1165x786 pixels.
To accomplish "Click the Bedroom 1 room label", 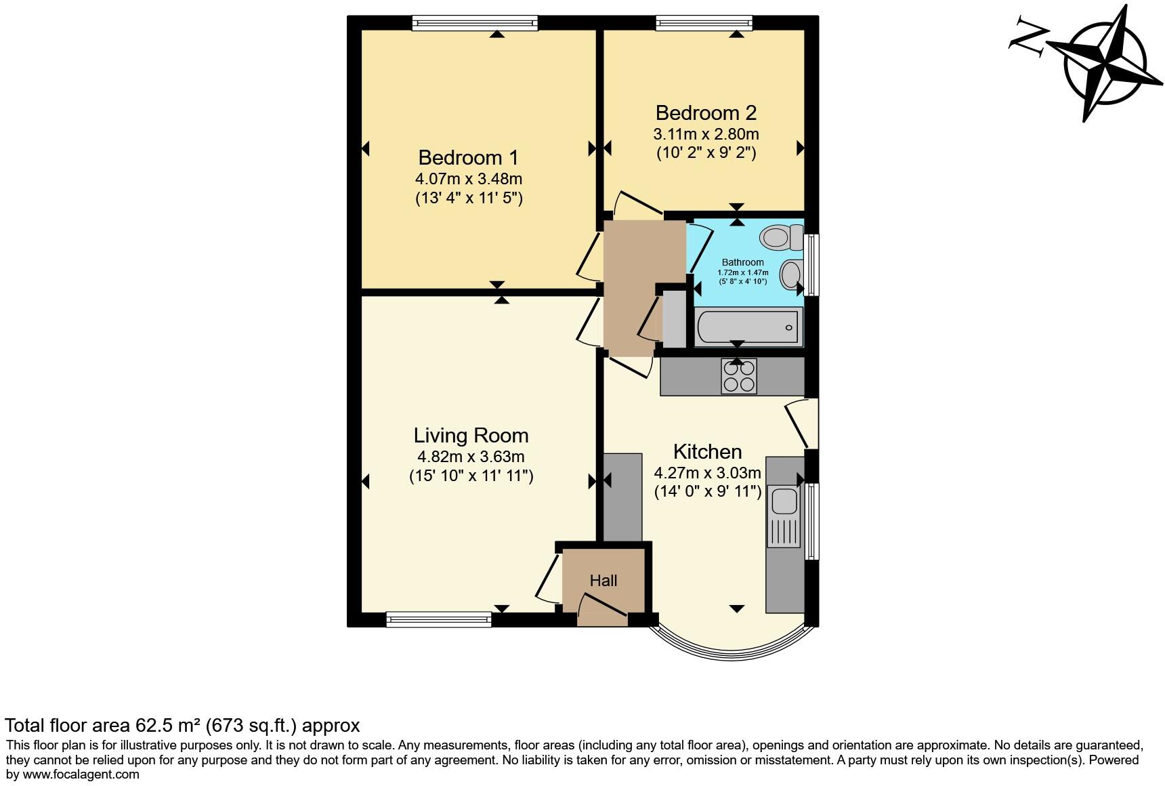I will click(468, 158).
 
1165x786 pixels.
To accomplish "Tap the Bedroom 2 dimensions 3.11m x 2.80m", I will click(706, 134).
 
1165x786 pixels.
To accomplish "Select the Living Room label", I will click(471, 435).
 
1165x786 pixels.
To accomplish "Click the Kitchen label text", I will click(707, 451).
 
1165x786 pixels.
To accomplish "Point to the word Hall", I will click(603, 581).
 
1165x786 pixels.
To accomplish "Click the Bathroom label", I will click(742, 262).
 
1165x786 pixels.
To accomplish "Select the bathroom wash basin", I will click(790, 275).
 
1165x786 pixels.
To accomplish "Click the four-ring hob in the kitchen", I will click(738, 376).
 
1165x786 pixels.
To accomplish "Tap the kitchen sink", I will click(784, 502).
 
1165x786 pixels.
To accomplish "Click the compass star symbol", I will click(1104, 64).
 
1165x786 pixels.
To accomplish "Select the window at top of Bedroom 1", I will click(475, 23).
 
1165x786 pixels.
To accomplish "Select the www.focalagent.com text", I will click(81, 774).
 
